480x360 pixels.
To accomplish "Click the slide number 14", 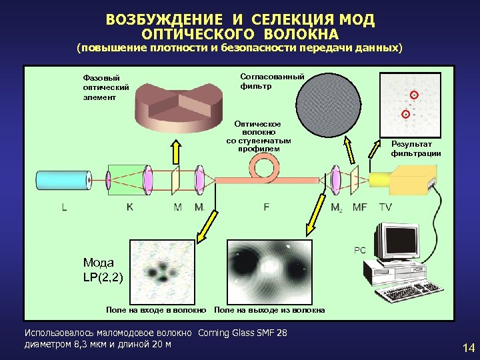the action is pos(467,347).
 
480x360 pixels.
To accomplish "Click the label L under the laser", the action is pos(64,207).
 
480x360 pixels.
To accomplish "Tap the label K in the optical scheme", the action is pos(129,207).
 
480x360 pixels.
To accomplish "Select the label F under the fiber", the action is pos(267,207).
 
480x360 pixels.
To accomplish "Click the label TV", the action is pos(385,207).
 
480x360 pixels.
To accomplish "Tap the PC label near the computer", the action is pos(359,250).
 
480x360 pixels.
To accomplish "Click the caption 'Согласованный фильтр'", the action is pos(272,81).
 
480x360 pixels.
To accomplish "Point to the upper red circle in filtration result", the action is pos(413,93).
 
